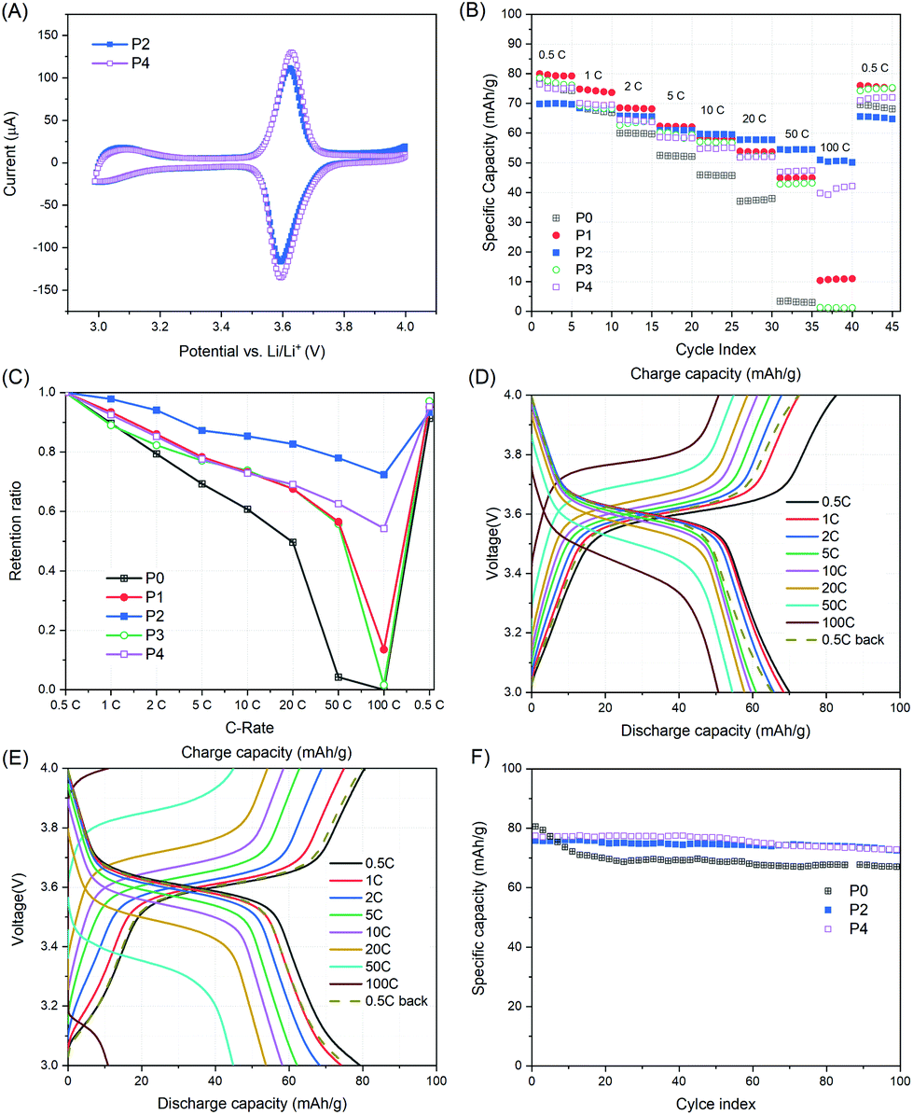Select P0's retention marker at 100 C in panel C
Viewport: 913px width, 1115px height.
[384, 689]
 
